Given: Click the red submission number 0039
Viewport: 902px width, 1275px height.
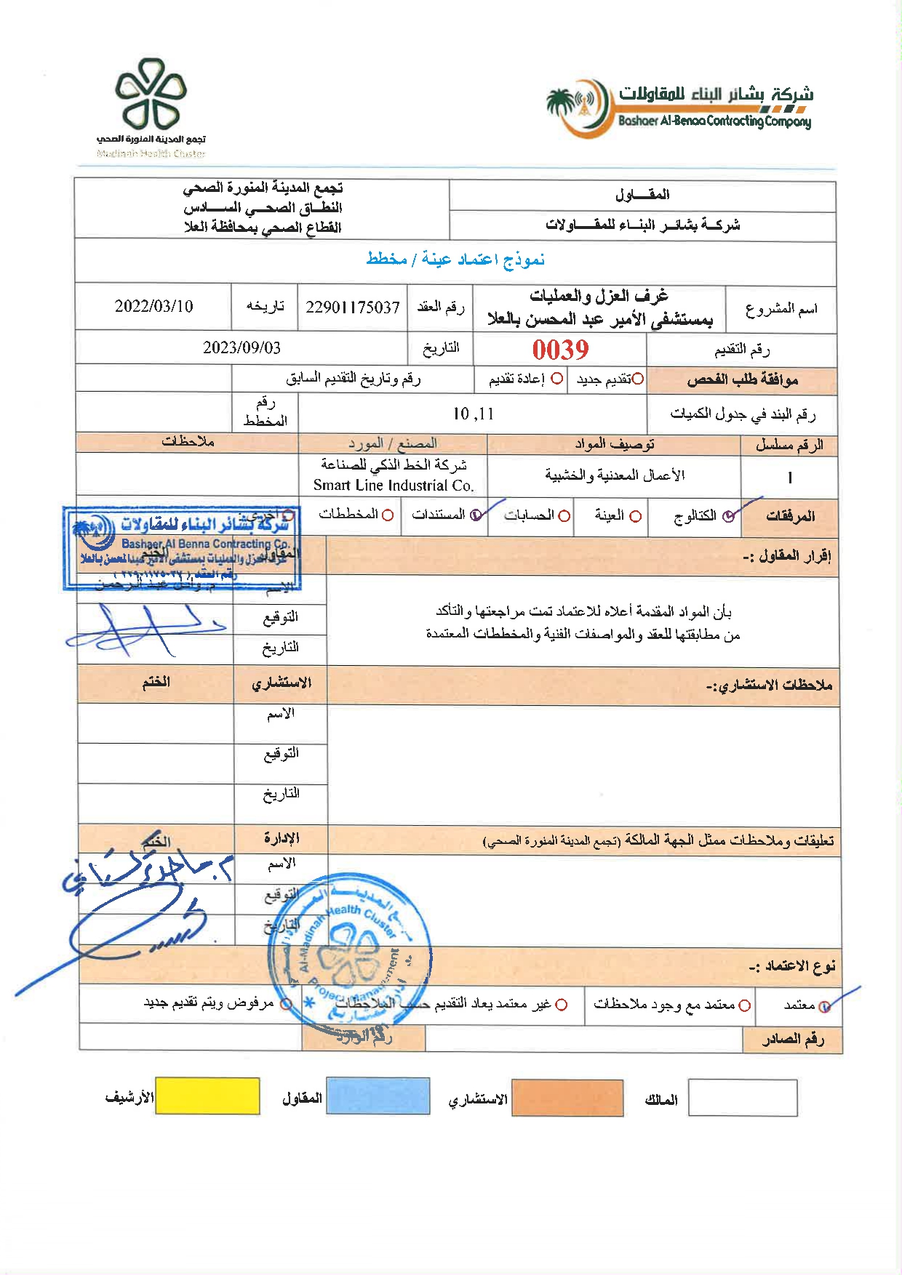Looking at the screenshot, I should [x=560, y=350].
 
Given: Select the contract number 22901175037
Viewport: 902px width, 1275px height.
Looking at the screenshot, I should [x=353, y=307].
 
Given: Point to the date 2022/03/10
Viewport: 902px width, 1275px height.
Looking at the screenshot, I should [x=153, y=306].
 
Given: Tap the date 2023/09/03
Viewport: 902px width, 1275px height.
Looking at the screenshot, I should [x=242, y=347].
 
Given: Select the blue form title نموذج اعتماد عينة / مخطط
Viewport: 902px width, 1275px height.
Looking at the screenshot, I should [x=455, y=260].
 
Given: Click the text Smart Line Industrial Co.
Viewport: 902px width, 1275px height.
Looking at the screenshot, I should [x=394, y=486].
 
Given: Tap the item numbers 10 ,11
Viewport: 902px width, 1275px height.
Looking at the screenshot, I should [x=473, y=414].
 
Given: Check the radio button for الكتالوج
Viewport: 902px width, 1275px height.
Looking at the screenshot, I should [x=728, y=516].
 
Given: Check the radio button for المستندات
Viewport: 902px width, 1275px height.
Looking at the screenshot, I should [x=476, y=515].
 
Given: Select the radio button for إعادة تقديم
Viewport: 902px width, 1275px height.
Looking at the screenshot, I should [x=557, y=379].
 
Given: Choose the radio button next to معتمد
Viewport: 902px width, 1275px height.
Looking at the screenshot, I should [x=824, y=1007].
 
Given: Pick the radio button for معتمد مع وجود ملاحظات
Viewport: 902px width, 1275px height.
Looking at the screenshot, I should [x=744, y=1006].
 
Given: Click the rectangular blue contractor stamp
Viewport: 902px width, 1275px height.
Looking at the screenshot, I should [x=182, y=547].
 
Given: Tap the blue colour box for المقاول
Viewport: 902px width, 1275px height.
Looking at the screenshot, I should [x=378, y=1096].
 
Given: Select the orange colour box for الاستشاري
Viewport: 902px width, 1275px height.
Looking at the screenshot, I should [x=567, y=1098].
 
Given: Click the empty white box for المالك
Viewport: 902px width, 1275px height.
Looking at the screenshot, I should [x=743, y=1098].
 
